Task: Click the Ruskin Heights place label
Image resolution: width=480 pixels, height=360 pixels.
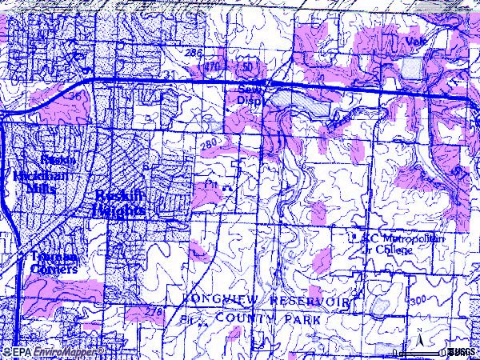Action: pyautogui.click(x=119, y=202)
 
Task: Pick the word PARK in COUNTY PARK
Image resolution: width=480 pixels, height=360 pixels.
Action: pyautogui.click(x=302, y=319)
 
